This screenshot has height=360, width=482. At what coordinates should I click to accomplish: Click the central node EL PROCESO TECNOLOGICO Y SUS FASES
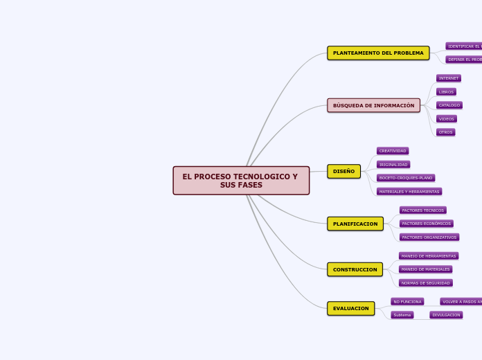pyautogui.click(x=241, y=181)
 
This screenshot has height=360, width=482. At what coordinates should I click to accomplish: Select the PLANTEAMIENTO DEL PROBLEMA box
pyautogui.click(x=378, y=53)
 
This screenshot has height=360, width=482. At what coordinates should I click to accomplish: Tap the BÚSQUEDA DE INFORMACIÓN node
pyautogui.click(x=373, y=105)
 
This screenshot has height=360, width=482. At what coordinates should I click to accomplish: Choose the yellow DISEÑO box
pyautogui.click(x=343, y=171)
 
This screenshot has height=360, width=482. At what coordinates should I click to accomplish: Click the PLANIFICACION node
pyautogui.click(x=355, y=224)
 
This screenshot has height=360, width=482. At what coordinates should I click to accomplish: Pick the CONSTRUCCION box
pyautogui.click(x=355, y=269)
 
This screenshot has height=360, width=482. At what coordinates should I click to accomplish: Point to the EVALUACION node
pyautogui.click(x=350, y=308)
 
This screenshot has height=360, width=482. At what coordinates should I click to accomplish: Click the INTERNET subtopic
pyautogui.click(x=448, y=78)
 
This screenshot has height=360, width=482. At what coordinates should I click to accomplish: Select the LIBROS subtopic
pyautogui.click(x=446, y=91)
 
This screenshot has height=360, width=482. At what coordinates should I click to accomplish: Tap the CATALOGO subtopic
pyautogui.click(x=449, y=105)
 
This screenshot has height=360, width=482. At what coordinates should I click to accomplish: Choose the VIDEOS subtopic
pyautogui.click(x=446, y=118)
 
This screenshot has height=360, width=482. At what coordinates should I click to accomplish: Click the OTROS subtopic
pyautogui.click(x=445, y=132)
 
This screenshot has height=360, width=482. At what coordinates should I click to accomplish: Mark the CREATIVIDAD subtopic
pyautogui.click(x=393, y=151)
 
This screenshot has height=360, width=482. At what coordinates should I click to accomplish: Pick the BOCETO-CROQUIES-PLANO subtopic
pyautogui.click(x=406, y=178)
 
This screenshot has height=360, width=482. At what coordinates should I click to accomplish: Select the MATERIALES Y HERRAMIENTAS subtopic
pyautogui.click(x=409, y=192)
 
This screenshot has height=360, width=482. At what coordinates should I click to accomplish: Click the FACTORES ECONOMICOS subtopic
pyautogui.click(x=426, y=224)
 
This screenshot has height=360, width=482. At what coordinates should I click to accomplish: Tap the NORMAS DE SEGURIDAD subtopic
pyautogui.click(x=425, y=283)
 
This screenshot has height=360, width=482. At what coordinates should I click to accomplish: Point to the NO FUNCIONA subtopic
pyautogui.click(x=407, y=302)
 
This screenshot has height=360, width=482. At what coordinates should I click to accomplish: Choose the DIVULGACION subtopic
pyautogui.click(x=446, y=315)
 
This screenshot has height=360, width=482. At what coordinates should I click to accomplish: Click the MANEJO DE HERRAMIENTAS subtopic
pyautogui.click(x=428, y=256)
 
